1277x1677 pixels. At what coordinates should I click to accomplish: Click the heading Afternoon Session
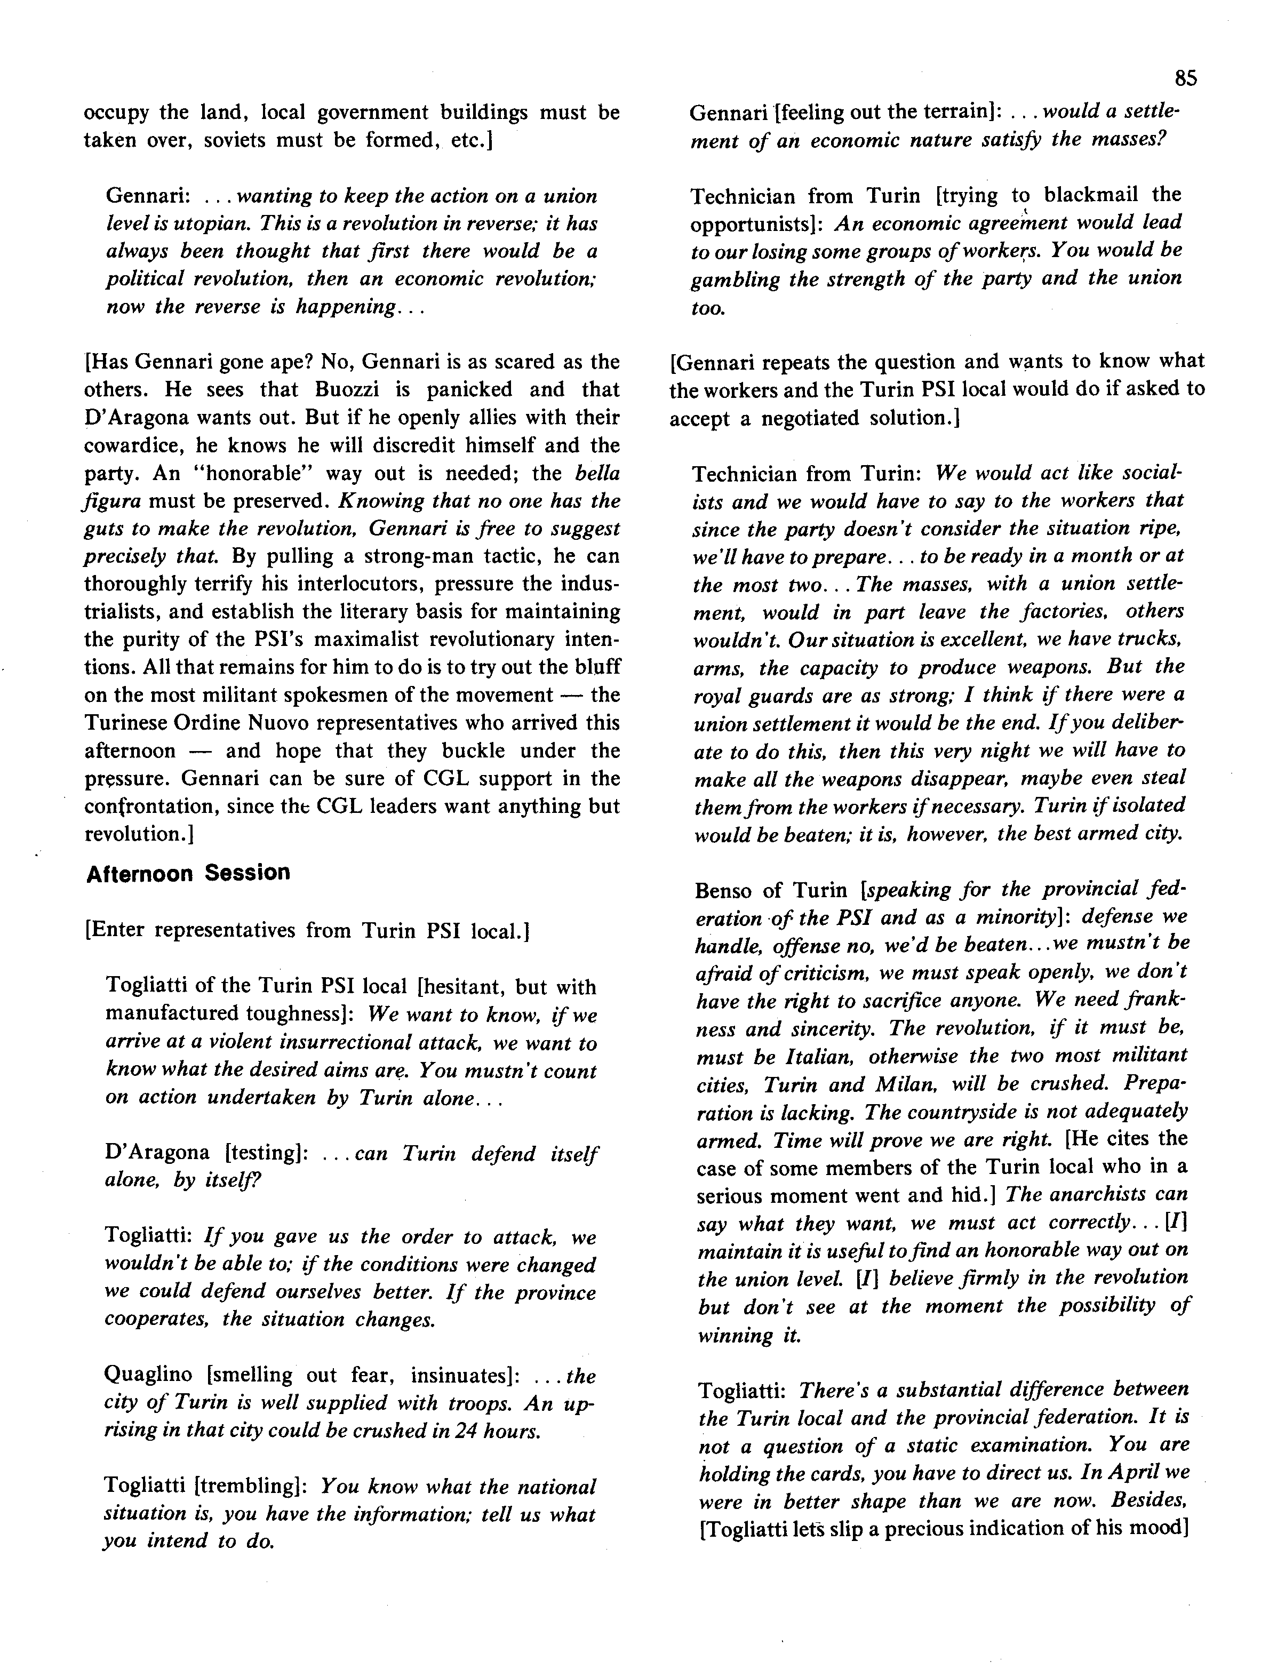click(x=188, y=873)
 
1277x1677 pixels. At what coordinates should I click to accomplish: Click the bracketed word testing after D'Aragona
click(x=263, y=1153)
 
